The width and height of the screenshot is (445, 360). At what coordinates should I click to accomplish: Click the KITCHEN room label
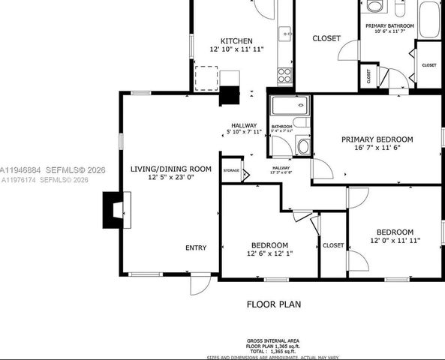(236, 40)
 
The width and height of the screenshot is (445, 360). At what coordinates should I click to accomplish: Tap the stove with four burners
(285, 74)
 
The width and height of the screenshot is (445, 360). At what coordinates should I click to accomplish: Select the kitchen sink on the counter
(285, 33)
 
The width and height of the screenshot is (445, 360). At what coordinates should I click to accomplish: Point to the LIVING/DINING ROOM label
(170, 169)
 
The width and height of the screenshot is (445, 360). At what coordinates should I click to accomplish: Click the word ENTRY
(196, 247)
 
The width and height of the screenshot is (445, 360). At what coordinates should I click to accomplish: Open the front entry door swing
(199, 285)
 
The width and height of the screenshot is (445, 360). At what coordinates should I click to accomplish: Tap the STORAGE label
(231, 171)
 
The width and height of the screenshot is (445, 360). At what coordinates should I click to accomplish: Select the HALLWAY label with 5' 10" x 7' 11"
(244, 125)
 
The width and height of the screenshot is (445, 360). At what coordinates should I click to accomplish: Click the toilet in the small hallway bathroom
(303, 145)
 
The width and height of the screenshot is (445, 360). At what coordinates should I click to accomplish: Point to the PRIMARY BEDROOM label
(377, 139)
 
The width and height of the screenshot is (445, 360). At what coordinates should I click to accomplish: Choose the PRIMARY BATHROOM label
(389, 25)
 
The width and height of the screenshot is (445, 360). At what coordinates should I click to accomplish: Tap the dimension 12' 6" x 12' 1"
(269, 254)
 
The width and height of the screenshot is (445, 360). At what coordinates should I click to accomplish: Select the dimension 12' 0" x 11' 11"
(395, 241)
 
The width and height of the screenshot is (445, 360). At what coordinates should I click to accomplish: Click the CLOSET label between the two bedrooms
(333, 245)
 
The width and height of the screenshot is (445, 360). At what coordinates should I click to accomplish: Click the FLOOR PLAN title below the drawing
(274, 304)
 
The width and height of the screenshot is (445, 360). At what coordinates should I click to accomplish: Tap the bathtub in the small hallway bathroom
(290, 105)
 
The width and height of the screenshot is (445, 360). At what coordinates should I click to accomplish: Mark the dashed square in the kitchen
(206, 77)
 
